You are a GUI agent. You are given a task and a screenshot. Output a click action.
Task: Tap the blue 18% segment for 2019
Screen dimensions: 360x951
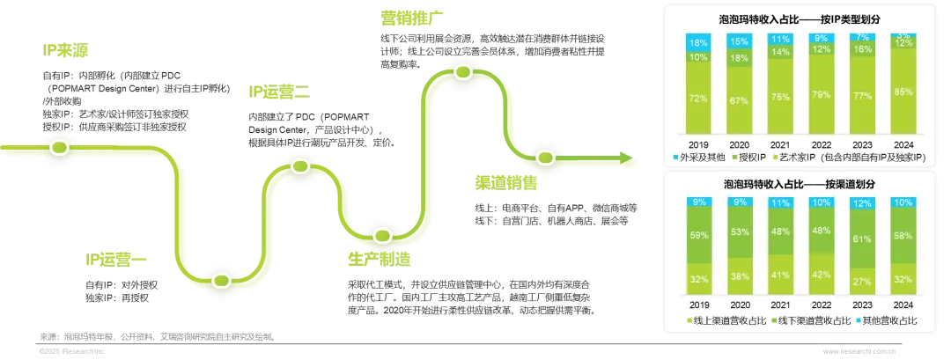pos(697,42)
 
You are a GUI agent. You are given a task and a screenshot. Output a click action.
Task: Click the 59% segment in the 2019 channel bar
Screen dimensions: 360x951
pos(697,235)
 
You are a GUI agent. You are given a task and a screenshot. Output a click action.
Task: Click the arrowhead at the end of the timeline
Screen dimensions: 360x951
pos(628,160)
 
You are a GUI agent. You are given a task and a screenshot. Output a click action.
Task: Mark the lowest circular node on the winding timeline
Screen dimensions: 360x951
pos(220,281)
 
